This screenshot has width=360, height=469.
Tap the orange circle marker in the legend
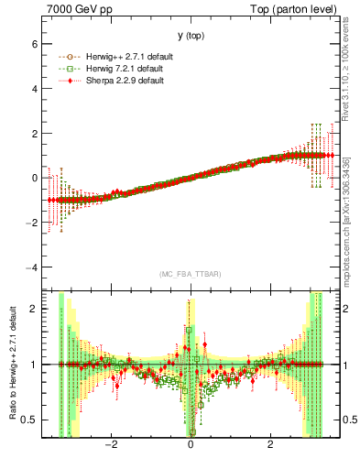click(x=70, y=57)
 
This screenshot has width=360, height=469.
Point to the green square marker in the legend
click(x=70, y=68)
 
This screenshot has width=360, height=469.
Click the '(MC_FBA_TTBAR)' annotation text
click(x=190, y=274)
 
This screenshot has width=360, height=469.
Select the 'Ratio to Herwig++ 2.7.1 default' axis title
click(x=12, y=364)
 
